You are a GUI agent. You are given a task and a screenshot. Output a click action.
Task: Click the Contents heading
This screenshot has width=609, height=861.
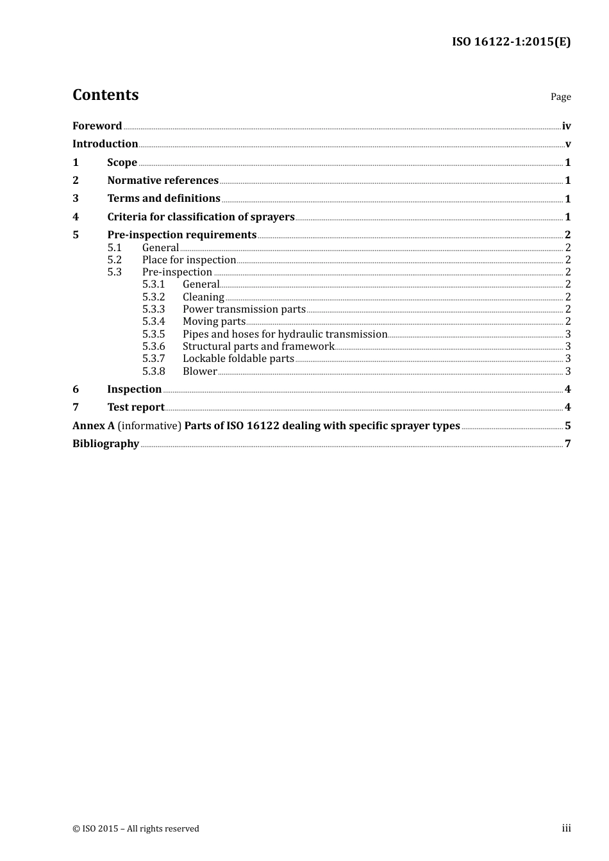pyautogui.click(x=105, y=95)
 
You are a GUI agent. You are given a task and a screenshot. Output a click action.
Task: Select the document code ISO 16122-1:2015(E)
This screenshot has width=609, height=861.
pyautogui.click(x=511, y=42)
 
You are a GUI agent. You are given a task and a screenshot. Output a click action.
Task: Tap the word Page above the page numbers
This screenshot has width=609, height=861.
pyautogui.click(x=560, y=97)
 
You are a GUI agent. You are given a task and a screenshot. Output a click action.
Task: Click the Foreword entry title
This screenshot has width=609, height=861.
pyautogui.click(x=97, y=126)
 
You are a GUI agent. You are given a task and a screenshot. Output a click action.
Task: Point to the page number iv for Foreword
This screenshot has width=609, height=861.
pyautogui.click(x=566, y=126)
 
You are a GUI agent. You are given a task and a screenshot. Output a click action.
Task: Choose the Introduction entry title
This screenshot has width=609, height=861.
pyautogui.click(x=105, y=143)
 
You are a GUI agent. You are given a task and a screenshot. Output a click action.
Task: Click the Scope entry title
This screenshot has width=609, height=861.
pyautogui.click(x=122, y=162)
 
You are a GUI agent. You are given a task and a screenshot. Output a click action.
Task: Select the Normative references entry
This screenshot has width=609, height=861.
pyautogui.click(x=163, y=180)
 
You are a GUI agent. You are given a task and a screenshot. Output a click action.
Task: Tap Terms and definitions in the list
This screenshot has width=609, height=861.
pyautogui.click(x=163, y=199)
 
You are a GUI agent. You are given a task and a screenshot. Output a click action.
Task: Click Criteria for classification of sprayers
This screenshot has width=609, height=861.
pyautogui.click(x=201, y=217)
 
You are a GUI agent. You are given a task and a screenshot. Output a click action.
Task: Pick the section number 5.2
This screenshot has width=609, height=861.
pyautogui.click(x=114, y=259)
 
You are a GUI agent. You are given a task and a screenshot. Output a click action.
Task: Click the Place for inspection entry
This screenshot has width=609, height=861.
pyautogui.click(x=189, y=259)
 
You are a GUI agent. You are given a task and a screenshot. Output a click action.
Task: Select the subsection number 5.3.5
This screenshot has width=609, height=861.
pyautogui.click(x=153, y=334)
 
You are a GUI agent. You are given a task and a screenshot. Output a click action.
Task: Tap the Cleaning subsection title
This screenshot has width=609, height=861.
pyautogui.click(x=203, y=297)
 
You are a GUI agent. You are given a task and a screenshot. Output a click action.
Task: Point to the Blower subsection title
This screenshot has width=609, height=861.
pyautogui.click(x=199, y=371)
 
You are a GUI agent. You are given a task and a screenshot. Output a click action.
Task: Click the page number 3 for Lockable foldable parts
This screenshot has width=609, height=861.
pyautogui.click(x=568, y=359)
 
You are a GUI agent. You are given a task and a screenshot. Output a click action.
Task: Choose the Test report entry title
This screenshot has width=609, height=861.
pyautogui.click(x=135, y=407)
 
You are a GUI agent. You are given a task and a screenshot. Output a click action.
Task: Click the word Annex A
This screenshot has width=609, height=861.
pyautogui.click(x=93, y=425)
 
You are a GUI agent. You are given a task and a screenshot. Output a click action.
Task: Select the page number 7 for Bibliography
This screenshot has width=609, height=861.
pyautogui.click(x=567, y=443)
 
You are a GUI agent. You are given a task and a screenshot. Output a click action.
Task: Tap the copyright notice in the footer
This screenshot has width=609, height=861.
pyautogui.click(x=136, y=828)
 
